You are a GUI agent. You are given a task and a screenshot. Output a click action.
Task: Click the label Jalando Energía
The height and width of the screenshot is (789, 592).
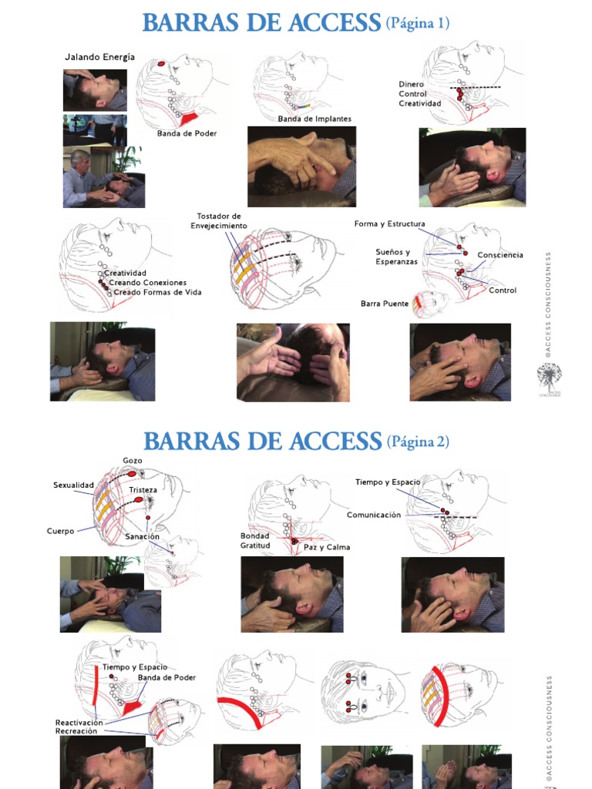(x=99, y=57)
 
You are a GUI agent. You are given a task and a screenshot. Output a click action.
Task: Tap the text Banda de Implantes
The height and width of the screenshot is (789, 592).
(x=314, y=119)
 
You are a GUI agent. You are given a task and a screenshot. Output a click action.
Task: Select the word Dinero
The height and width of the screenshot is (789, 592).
(x=412, y=85)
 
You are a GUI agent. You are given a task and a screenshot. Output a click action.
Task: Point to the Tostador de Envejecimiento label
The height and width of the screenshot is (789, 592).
(x=219, y=221)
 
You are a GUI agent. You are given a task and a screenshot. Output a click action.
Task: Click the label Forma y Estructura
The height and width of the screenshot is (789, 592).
(x=390, y=224)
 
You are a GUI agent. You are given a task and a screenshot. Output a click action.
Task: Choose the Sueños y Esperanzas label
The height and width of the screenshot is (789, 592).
(x=397, y=257)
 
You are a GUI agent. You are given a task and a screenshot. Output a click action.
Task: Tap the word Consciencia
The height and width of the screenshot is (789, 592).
(x=500, y=255)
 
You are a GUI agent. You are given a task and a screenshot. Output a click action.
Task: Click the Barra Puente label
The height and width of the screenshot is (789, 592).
(x=385, y=304)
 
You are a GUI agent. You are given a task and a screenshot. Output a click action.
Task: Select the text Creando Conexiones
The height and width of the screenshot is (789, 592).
(x=148, y=282)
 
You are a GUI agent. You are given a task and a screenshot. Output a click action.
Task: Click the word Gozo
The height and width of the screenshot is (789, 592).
(x=133, y=461)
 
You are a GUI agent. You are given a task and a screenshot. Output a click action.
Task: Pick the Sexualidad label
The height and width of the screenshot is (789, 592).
(x=73, y=485)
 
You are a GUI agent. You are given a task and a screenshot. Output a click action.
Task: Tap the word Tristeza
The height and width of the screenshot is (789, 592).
(x=143, y=490)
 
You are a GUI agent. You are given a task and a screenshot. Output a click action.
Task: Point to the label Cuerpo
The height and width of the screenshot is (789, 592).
(x=60, y=531)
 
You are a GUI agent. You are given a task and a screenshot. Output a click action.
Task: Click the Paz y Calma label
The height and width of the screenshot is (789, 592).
(x=327, y=547)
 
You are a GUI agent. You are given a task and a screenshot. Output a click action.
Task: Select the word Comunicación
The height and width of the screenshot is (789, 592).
(x=374, y=515)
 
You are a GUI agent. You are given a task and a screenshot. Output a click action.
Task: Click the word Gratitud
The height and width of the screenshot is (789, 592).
(x=255, y=546)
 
